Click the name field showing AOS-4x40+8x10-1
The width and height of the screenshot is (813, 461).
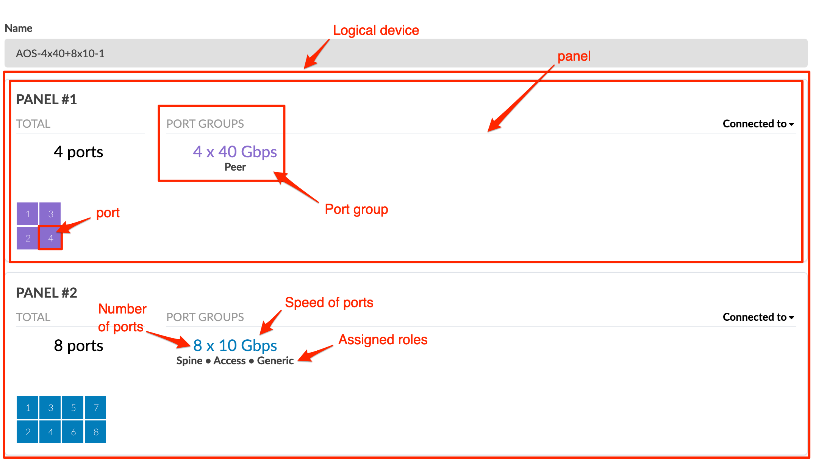406,53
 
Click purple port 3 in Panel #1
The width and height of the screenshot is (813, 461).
50,214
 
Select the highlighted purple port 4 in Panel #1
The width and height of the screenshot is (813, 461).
50,238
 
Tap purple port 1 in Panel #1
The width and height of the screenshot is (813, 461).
27,214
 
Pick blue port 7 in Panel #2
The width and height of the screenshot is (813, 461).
95,408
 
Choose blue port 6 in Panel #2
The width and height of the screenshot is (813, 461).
73,432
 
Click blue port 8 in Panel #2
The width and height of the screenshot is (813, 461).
95,432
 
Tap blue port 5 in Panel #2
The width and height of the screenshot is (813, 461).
73,408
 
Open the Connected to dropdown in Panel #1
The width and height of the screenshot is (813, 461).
758,124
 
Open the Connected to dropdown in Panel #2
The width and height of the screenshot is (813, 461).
758,317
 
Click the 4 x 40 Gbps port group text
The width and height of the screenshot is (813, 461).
235,152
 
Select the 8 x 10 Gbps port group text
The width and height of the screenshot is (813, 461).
235,345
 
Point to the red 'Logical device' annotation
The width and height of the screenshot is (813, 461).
376,30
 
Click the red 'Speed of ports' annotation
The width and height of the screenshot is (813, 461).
329,303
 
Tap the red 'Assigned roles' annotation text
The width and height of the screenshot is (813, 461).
383,340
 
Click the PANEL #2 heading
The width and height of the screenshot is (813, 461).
47,293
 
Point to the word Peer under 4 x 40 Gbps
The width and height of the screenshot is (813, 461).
235,167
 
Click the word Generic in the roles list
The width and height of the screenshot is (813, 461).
275,361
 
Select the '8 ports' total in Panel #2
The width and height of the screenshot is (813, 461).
78,345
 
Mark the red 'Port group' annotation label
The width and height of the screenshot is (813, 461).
356,209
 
